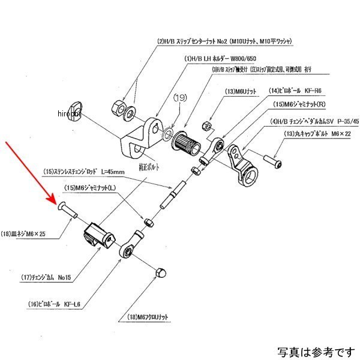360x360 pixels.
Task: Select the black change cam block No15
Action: tap(98, 235)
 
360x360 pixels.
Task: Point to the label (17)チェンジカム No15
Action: tap(48, 277)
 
